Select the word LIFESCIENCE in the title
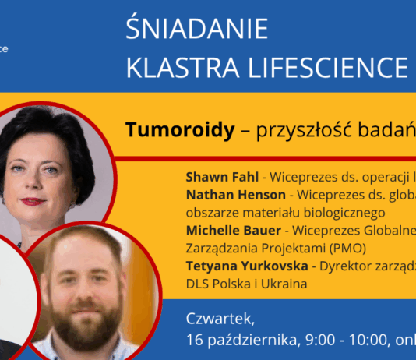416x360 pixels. coord(326,68)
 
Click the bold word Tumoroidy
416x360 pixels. coord(179,130)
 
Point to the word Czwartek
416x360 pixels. coord(220,319)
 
